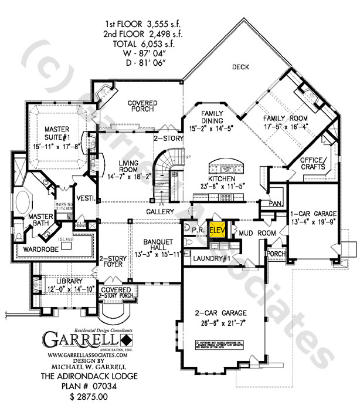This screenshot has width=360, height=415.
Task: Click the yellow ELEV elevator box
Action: pos(216,230)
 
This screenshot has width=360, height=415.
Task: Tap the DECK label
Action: pos(240,67)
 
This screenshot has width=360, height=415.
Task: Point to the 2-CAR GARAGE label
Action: pos(221,313)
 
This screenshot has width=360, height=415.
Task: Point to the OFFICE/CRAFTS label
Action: pos(313,163)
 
